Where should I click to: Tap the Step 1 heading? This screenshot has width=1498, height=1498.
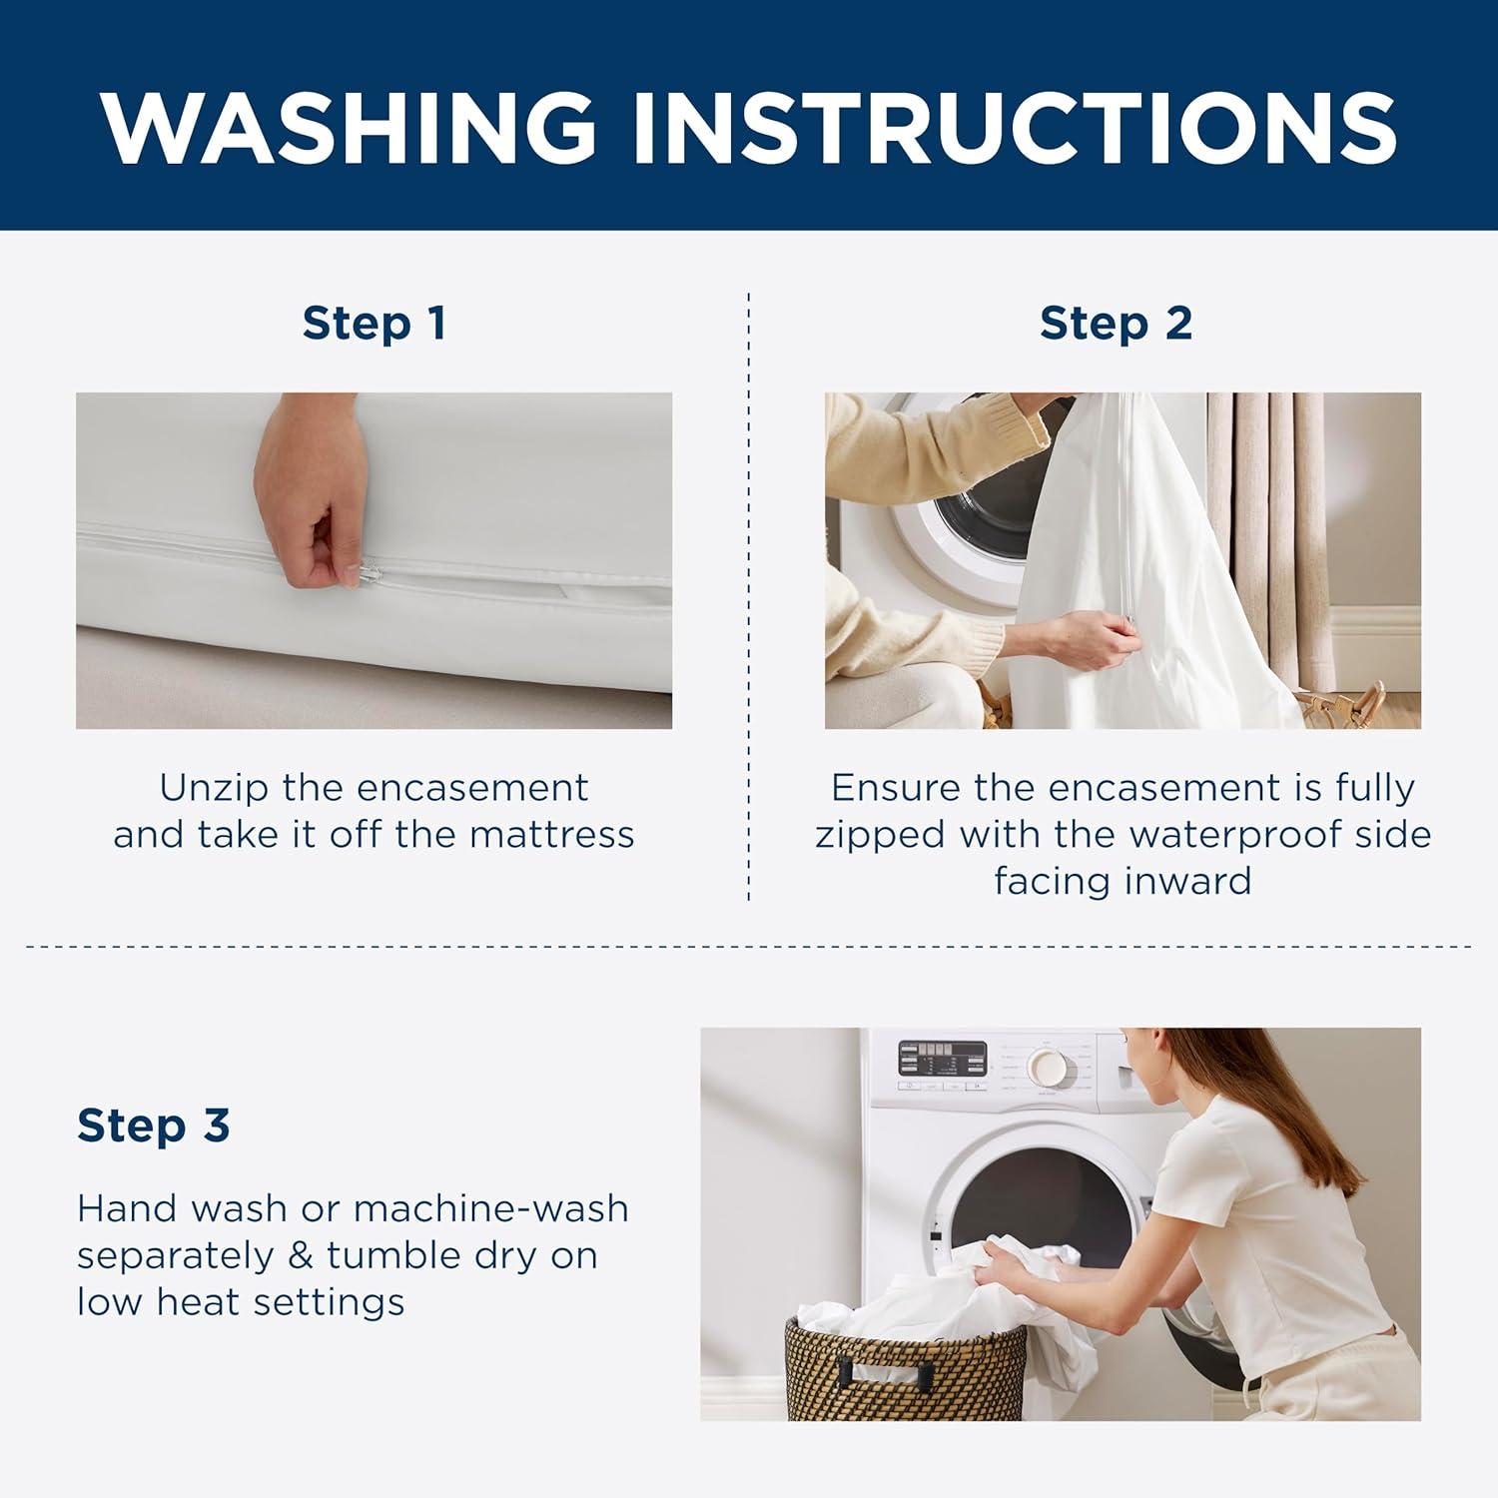click(374, 324)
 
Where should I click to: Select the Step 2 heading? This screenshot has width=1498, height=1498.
click(1116, 324)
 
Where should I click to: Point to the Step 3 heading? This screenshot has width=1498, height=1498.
click(154, 1124)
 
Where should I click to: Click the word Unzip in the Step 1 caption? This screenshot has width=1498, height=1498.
click(214, 788)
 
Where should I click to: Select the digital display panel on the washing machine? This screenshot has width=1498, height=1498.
click(941, 1057)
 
